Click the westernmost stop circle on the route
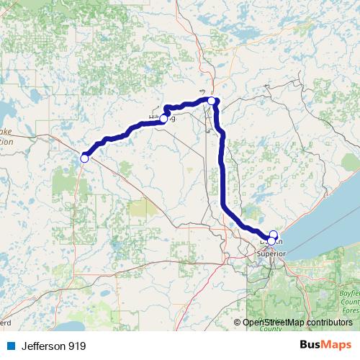coord(84,158)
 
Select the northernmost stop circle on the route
coord(212,101)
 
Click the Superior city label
coord(272,253)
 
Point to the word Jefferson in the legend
coord(43,346)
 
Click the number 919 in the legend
coord(77,346)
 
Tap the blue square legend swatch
coord(9,346)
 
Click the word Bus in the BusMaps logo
coord(311,346)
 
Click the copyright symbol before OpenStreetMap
coord(238,323)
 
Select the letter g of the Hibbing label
coord(173,119)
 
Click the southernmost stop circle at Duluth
coord(271,240)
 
